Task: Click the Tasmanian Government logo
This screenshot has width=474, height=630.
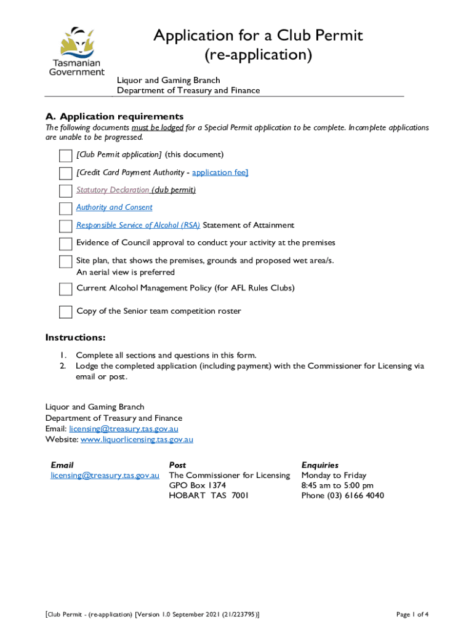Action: (76, 50)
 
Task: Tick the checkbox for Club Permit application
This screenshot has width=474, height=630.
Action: (65, 155)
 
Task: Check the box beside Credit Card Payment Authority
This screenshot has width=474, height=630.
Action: (65, 173)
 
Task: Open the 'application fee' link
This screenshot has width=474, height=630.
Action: (220, 172)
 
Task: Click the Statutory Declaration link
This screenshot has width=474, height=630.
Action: (113, 190)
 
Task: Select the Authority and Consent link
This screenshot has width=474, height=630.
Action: (114, 207)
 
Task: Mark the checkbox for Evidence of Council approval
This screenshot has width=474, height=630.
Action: (65, 244)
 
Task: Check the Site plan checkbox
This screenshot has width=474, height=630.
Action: (65, 261)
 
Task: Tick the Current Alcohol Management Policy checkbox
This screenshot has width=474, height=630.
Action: (65, 289)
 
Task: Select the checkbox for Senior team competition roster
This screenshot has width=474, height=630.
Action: (65, 312)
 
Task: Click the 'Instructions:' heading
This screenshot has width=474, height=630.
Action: (75, 338)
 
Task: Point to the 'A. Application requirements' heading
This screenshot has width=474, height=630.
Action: (114, 117)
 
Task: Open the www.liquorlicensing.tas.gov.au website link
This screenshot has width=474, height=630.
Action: (137, 439)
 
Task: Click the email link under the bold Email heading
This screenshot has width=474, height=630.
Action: (105, 476)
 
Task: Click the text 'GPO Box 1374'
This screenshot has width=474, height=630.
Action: (197, 485)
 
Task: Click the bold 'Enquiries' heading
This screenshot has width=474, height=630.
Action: (319, 465)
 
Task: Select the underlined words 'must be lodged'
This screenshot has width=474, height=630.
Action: (158, 127)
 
